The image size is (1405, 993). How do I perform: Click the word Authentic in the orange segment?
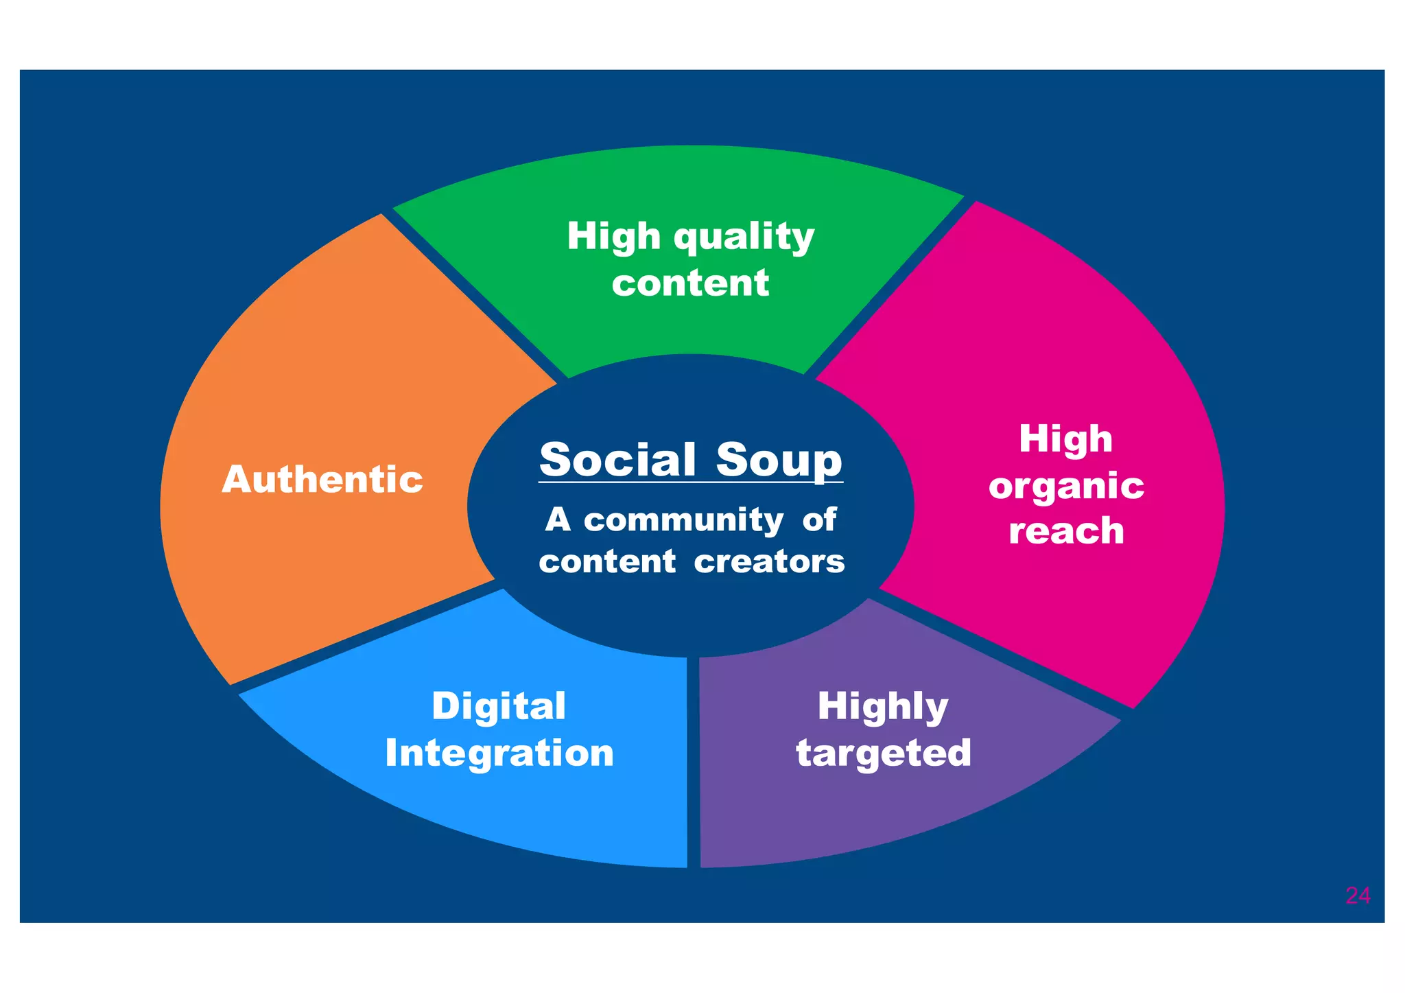[x=322, y=479]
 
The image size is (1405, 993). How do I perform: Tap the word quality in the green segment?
[x=744, y=238]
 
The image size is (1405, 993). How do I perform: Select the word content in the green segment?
[x=690, y=283]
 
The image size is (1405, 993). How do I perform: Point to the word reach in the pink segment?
[x=1066, y=530]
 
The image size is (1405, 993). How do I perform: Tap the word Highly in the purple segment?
[x=883, y=707]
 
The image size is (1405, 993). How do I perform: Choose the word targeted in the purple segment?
[x=884, y=753]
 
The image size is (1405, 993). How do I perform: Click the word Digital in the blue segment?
[x=499, y=706]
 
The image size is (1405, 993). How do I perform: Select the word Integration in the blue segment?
[x=499, y=753]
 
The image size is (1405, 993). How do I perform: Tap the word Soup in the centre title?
[x=779, y=460]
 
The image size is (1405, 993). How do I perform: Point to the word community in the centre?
[x=683, y=520]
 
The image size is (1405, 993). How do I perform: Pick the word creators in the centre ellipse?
[x=769, y=562]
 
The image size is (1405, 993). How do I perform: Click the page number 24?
[x=1358, y=896]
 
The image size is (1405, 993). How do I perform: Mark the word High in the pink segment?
[x=1065, y=439]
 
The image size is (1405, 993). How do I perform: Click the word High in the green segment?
[x=613, y=237]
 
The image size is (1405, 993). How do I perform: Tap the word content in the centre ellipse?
[x=607, y=562]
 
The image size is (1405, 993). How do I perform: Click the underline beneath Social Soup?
[x=690, y=483]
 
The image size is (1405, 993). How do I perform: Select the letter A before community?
[x=558, y=520]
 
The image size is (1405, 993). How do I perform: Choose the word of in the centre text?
[x=819, y=519]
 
